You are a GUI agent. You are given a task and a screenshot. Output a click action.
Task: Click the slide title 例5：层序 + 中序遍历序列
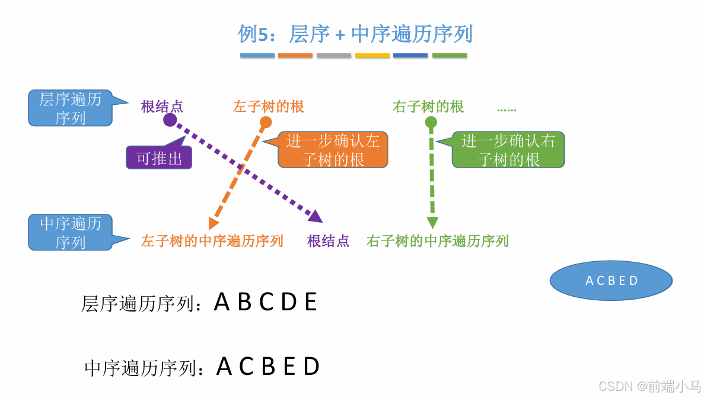[x=355, y=34]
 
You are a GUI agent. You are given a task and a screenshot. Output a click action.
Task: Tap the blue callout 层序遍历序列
[x=70, y=108]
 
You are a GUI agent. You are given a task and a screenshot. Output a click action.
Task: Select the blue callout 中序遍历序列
[x=70, y=233]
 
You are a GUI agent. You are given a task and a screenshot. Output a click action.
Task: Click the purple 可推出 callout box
[x=159, y=158]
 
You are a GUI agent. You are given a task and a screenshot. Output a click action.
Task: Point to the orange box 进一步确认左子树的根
[x=333, y=149]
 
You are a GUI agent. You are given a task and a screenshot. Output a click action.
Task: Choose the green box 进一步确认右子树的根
[x=508, y=149]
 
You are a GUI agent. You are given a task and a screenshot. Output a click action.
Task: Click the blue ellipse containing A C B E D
[x=611, y=281]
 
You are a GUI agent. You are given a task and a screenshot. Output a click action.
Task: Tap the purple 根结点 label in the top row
[x=162, y=107]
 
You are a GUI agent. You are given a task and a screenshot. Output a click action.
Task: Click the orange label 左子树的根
[x=269, y=107]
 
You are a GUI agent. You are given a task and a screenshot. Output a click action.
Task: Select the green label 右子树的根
[x=428, y=107]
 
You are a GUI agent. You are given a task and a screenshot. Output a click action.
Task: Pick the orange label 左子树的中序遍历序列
[x=212, y=241]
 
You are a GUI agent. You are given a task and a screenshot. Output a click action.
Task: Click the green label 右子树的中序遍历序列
[x=438, y=241]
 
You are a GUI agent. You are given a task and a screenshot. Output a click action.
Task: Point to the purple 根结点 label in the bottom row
[x=328, y=241]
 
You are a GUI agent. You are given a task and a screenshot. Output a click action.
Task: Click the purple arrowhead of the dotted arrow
[x=316, y=216]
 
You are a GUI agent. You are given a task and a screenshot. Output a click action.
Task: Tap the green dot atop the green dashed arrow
[x=431, y=123]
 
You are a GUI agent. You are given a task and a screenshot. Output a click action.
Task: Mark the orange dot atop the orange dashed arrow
[x=266, y=123]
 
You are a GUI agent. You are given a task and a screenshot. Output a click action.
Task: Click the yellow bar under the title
[x=372, y=56]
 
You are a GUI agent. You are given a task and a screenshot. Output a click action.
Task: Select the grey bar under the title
[x=334, y=56]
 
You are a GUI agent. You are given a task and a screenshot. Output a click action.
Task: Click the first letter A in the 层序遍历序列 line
[x=221, y=303]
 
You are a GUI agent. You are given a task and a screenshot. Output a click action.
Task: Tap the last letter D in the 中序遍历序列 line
[x=311, y=367]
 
